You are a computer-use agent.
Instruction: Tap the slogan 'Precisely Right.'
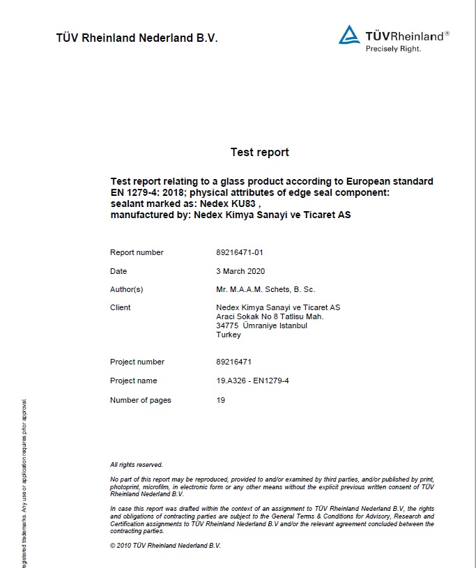point(393,49)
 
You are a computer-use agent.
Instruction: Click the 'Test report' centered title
point(259,152)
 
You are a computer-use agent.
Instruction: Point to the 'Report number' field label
point(137,252)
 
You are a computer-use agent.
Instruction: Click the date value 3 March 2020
point(240,271)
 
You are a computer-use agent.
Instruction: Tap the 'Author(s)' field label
point(126,289)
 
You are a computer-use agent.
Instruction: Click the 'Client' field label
point(121,307)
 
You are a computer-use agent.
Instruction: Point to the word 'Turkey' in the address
point(229,335)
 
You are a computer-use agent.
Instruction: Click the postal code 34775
point(227,325)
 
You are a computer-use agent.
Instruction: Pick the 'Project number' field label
point(137,362)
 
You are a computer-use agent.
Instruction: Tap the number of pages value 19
point(221,400)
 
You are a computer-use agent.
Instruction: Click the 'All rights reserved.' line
point(137,465)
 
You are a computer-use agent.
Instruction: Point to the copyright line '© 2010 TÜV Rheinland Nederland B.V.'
point(165,546)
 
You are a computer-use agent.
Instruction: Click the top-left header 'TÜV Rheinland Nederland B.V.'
point(137,38)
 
